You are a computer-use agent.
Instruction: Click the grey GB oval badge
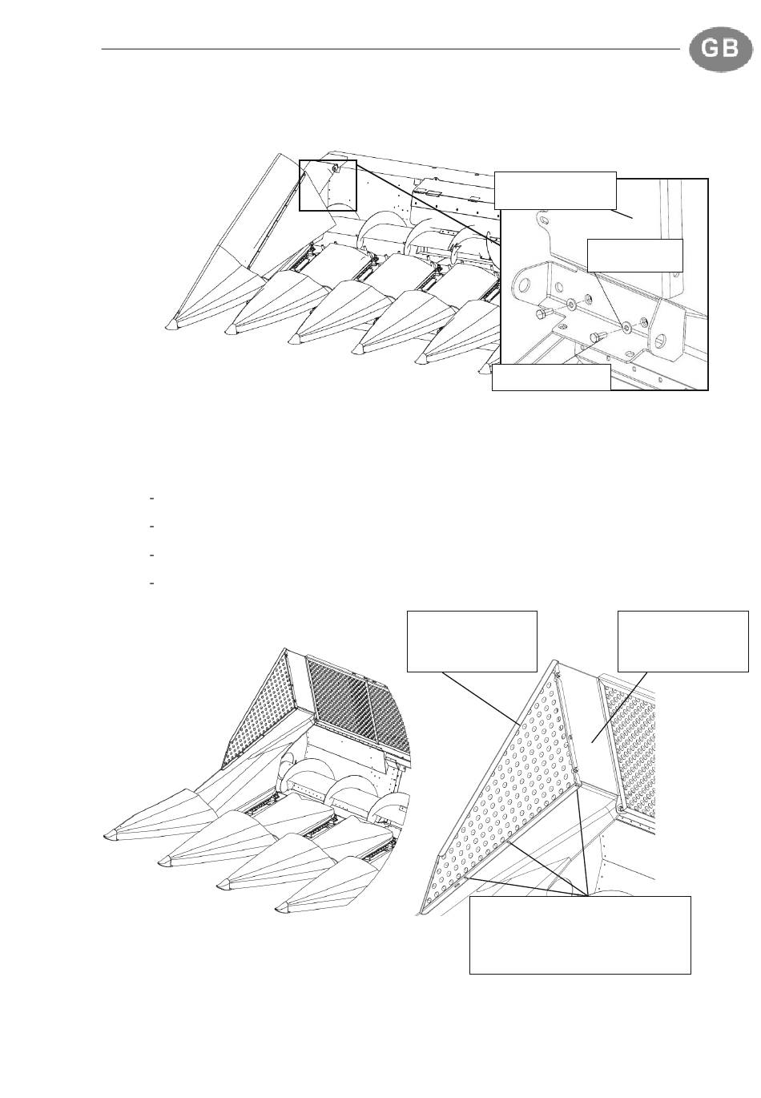tap(720, 49)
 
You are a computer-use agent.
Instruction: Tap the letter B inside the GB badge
tap(731, 49)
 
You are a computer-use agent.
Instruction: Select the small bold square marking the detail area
tap(328, 185)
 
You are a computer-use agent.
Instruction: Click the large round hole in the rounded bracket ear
tap(525, 284)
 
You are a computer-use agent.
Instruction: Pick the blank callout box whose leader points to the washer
tap(634, 256)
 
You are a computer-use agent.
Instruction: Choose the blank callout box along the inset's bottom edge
tap(551, 377)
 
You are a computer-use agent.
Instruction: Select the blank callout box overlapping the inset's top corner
tap(555, 190)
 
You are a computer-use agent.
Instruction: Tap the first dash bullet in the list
tap(151, 499)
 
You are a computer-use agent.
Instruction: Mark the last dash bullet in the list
tap(151, 583)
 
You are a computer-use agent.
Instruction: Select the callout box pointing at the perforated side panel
tap(473, 641)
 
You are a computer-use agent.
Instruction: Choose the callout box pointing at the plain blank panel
tap(683, 641)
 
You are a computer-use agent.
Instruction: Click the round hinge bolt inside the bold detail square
tap(335, 168)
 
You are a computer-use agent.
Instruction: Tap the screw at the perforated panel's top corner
tap(558, 675)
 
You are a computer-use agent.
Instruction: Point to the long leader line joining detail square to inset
tap(429, 204)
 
